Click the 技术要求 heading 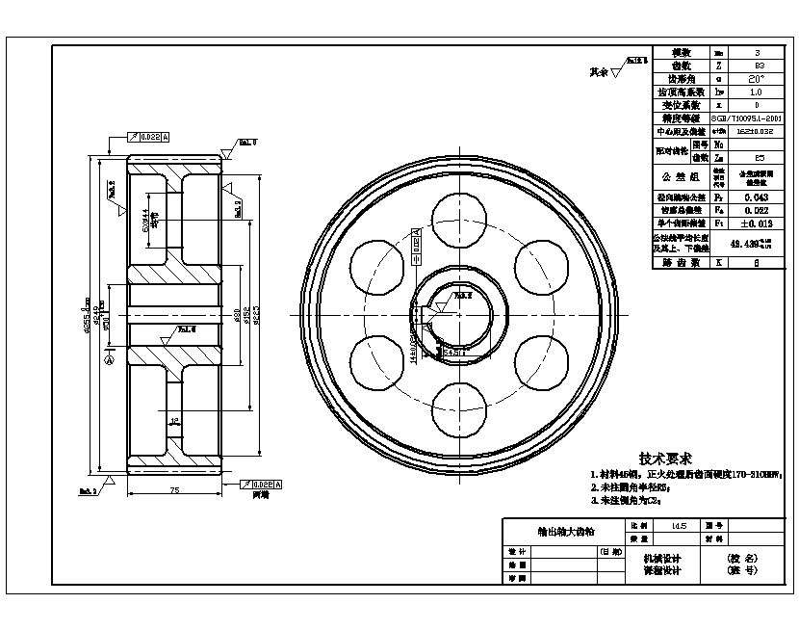[666, 459]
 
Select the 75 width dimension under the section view [174, 490]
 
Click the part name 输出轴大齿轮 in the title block [565, 531]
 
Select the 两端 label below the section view [260, 495]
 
